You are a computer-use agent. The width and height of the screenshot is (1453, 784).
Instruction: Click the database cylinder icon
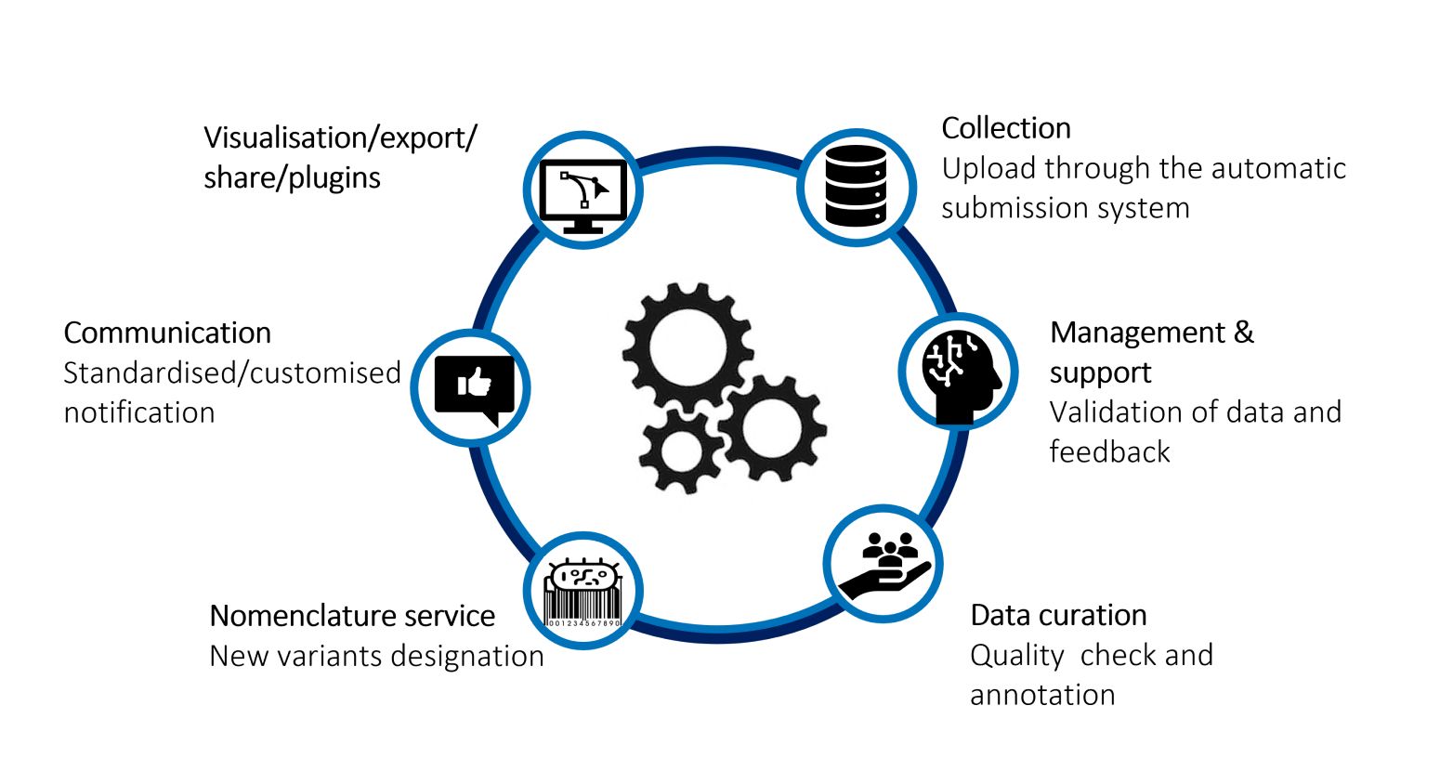[856, 186]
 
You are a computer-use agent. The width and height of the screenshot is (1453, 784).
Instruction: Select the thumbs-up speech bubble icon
[474, 390]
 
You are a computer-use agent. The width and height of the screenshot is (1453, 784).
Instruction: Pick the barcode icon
[583, 593]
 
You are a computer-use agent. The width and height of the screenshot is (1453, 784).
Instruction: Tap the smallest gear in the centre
[680, 451]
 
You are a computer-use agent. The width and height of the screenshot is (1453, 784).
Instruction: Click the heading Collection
[1006, 128]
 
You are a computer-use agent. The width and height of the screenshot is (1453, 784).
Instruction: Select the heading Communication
[167, 333]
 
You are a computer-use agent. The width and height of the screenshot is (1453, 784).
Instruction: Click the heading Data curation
[1058, 615]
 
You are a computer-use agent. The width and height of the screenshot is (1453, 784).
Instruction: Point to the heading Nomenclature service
[352, 615]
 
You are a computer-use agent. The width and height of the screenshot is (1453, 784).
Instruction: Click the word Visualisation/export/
[341, 138]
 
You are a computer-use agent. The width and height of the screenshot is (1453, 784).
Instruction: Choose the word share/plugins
[292, 178]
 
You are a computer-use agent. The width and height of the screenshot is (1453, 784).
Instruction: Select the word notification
[139, 412]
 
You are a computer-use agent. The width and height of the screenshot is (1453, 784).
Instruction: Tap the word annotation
[1042, 695]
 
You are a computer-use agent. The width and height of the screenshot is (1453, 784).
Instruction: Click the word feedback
[1110, 451]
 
